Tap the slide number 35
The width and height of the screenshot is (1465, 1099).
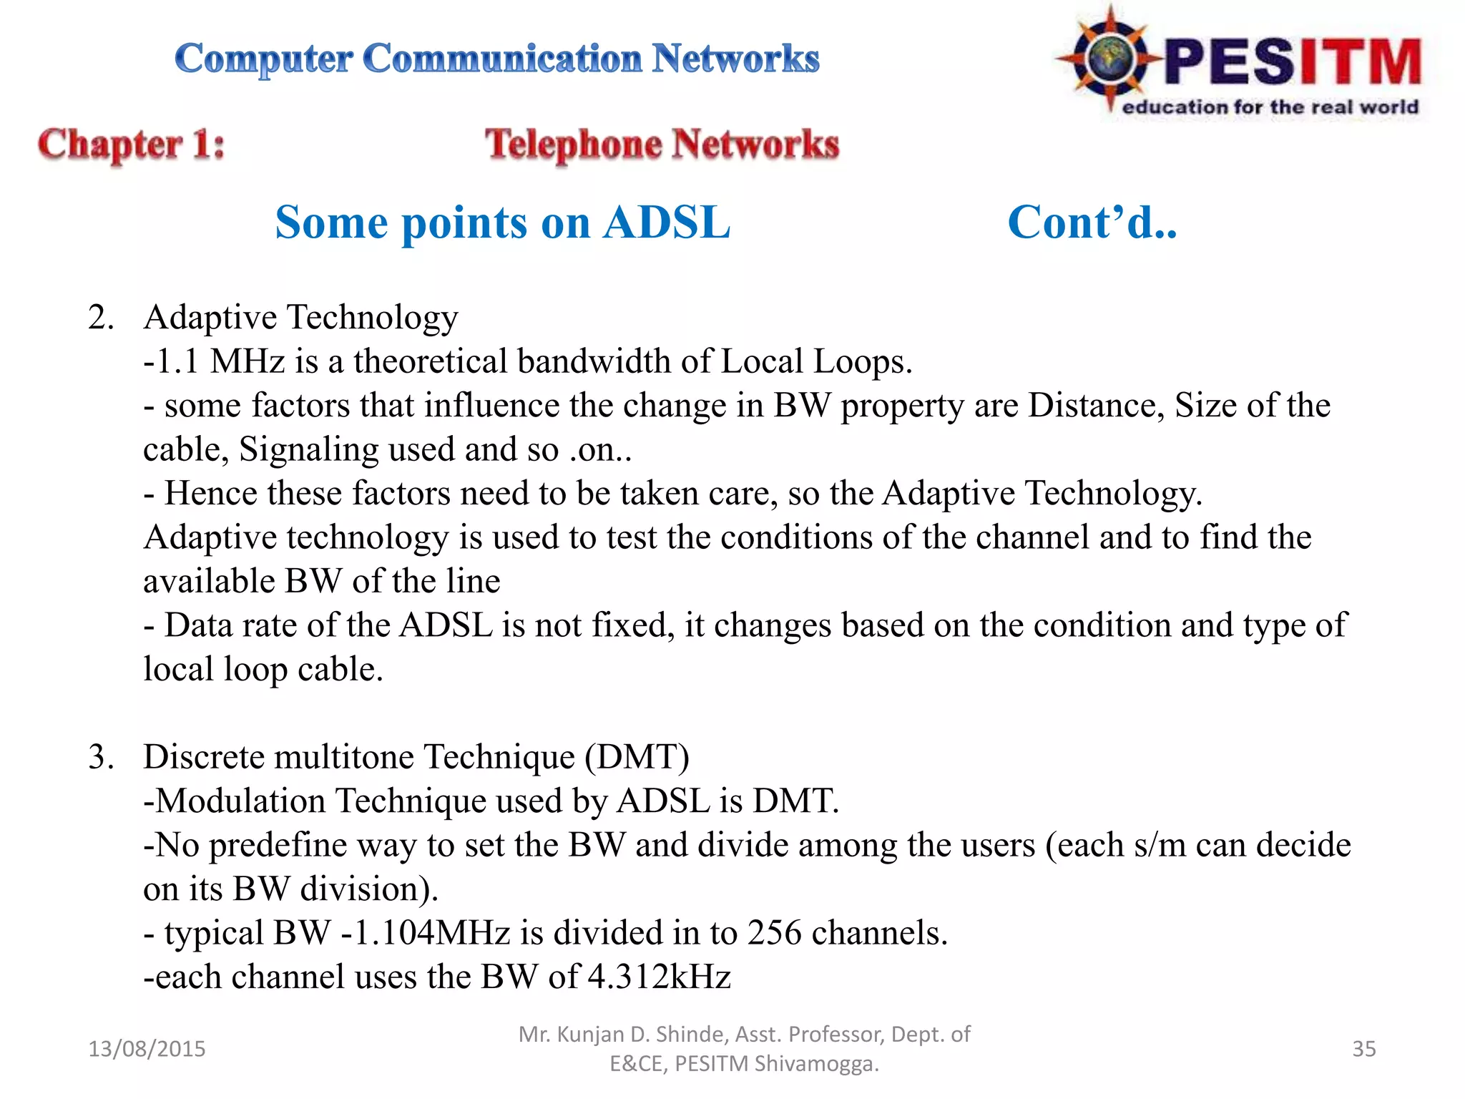coord(1363,1049)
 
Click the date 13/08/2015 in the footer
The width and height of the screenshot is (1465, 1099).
coord(147,1049)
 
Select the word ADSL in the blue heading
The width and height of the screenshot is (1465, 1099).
coord(667,223)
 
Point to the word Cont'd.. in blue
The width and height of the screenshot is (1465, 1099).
coord(1092,223)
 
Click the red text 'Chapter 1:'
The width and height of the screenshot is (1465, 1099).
coord(132,145)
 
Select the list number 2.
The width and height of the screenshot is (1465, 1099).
coord(101,317)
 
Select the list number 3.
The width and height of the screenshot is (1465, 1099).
coord(101,757)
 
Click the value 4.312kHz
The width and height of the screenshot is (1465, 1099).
coord(659,977)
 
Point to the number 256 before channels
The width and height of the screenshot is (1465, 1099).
coord(774,933)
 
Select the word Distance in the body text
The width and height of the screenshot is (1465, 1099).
coord(1092,406)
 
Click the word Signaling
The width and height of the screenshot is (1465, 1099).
coord(309,450)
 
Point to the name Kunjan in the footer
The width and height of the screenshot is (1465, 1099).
coord(589,1035)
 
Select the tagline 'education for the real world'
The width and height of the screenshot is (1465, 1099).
coord(1270,107)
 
